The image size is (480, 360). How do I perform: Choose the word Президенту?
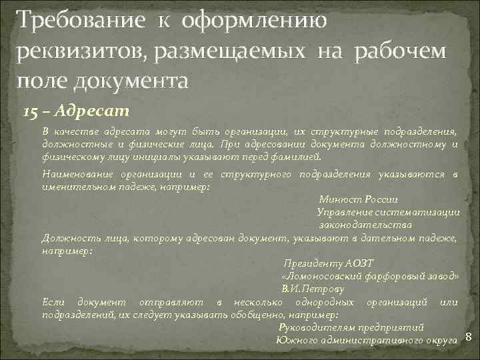313,263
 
